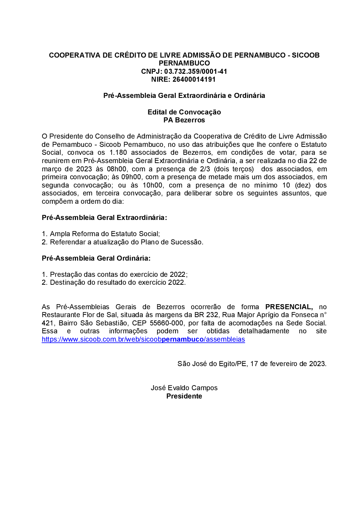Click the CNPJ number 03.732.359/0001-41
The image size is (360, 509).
click(195, 71)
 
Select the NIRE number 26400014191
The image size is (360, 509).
click(194, 80)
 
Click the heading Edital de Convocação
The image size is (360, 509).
click(184, 112)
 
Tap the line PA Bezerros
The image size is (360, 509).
click(184, 120)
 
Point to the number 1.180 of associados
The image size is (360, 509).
click(118, 153)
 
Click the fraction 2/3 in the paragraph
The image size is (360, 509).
click(205, 169)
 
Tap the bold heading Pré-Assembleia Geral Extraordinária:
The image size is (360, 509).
click(104, 217)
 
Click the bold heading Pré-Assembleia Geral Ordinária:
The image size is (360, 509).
click(96, 258)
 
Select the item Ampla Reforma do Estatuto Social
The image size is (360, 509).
click(104, 234)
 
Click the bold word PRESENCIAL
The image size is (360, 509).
click(289, 307)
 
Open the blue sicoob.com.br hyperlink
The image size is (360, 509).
click(143, 339)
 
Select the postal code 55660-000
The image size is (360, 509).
click(167, 323)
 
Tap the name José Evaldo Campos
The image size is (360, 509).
click(184, 388)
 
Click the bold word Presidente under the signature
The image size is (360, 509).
click(184, 396)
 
